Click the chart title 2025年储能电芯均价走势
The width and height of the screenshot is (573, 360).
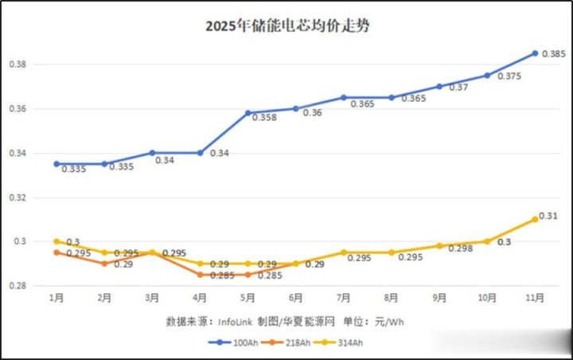point(287,25)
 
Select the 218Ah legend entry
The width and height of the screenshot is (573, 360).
point(290,342)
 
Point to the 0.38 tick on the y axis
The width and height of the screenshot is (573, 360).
point(22,64)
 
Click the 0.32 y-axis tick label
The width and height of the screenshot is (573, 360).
point(22,197)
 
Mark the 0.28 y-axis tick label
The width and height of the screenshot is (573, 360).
point(22,285)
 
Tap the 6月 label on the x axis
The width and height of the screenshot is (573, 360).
point(296,298)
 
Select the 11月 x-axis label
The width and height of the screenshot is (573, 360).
point(535,298)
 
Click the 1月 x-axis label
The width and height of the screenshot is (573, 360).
point(57,298)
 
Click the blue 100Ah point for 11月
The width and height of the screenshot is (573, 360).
point(535,53)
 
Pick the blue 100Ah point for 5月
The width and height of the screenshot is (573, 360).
point(248,113)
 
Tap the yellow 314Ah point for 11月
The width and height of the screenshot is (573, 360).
point(535,219)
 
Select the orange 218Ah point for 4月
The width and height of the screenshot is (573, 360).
point(200,275)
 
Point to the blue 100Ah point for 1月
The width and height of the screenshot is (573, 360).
point(57,163)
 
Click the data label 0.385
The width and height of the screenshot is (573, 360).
point(553,54)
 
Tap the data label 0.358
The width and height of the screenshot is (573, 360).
point(264,118)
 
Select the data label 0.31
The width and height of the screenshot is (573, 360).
point(548,215)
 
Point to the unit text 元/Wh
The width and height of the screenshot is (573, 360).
point(391,321)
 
